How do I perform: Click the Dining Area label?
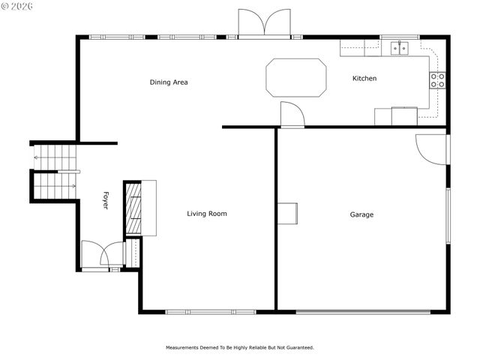(x=169, y=82)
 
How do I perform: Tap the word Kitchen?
(x=364, y=79)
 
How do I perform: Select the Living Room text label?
(x=206, y=214)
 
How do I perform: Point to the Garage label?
(x=361, y=214)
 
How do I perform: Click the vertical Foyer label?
(x=106, y=201)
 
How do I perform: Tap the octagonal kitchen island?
(x=296, y=77)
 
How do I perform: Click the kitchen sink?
(x=400, y=48)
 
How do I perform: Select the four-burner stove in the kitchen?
(x=437, y=80)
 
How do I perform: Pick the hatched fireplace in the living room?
(x=133, y=208)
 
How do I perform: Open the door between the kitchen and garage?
(x=291, y=115)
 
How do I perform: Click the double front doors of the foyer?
(x=101, y=255)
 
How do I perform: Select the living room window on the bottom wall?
(x=211, y=311)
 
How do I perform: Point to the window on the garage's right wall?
(x=448, y=217)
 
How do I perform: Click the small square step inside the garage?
(x=288, y=214)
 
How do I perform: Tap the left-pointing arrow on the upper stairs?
(x=36, y=158)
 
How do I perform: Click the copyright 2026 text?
(x=18, y=6)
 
